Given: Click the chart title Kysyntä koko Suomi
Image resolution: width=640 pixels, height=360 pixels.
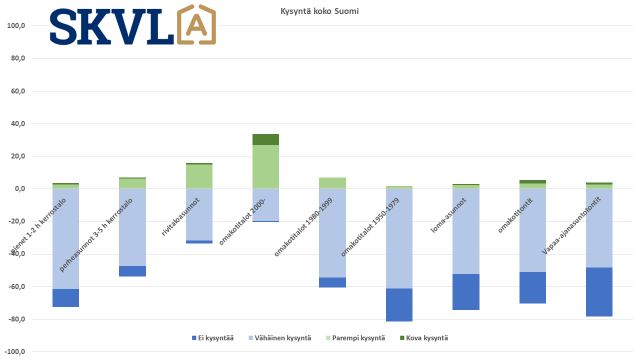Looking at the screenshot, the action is (319, 11).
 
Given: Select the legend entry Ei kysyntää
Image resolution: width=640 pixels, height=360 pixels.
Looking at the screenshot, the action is (213, 338).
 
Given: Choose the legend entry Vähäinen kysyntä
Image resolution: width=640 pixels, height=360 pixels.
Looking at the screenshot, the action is (280, 338).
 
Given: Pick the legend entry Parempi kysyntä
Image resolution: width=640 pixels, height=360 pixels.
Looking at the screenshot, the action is (355, 338).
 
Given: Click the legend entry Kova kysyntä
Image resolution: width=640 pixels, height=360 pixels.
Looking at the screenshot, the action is (424, 338).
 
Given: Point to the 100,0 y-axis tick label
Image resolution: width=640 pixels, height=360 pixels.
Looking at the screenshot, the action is (16, 25).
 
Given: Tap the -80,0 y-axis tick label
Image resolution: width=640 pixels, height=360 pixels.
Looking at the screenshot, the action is (16, 319).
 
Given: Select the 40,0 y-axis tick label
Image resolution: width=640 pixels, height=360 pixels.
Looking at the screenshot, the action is (17, 123).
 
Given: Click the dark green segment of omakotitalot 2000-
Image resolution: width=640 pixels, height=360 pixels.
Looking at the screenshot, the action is (265, 139).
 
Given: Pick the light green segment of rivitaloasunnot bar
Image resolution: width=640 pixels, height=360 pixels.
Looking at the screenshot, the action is (199, 176).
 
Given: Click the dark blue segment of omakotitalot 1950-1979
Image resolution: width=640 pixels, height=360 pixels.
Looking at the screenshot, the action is (399, 305).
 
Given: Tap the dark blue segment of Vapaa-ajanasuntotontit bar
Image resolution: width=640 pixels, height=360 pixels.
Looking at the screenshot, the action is (599, 292).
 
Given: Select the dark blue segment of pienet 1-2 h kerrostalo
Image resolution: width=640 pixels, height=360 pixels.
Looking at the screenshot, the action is (65, 298).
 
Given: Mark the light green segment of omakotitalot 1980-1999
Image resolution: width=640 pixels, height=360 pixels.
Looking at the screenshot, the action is (332, 183).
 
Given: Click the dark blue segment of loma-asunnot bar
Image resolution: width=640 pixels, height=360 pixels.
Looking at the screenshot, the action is (466, 292).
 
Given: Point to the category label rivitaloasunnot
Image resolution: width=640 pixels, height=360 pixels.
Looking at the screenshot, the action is (180, 217).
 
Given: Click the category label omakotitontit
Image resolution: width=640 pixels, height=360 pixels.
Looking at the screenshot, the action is (515, 215).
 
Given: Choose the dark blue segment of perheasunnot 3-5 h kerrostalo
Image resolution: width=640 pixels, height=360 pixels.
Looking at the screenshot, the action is (132, 271).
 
